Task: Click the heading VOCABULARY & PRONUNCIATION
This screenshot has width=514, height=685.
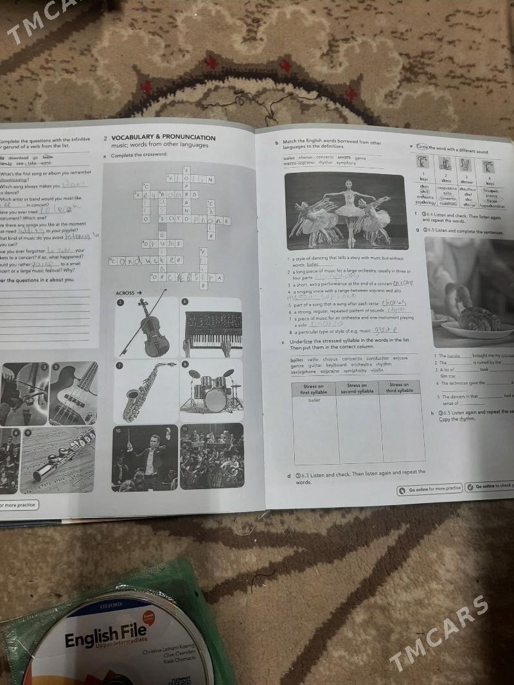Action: pyautogui.click(x=163, y=138)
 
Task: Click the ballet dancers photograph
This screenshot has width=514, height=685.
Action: pyautogui.click(x=344, y=210)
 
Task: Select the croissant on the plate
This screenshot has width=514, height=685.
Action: pyautogui.click(x=479, y=317)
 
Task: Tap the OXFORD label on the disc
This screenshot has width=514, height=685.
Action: pyautogui.click(x=111, y=605)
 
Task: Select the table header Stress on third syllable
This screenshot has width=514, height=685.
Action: pyautogui.click(x=400, y=387)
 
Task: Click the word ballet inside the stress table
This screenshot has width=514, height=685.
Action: pyautogui.click(x=314, y=400)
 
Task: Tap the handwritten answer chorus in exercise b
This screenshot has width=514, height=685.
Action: pyautogui.click(x=393, y=303)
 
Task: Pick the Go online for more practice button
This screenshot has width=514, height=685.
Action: pyautogui.click(x=430, y=489)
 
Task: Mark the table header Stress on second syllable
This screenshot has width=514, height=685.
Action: pyautogui.click(x=357, y=388)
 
